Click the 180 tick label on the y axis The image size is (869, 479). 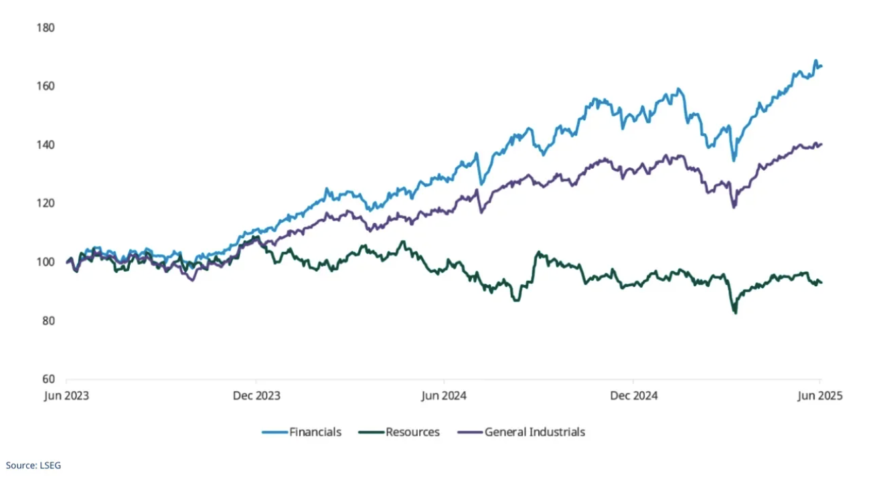click(46, 27)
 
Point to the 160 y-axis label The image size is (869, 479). click(46, 86)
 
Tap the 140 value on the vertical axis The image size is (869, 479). click(46, 145)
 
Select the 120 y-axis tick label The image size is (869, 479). click(46, 203)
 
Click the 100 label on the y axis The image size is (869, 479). click(46, 262)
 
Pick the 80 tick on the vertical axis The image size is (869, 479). click(47, 320)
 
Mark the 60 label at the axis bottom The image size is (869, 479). click(47, 379)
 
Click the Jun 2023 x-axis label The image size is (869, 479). click(67, 395)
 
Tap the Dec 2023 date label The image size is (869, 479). click(256, 395)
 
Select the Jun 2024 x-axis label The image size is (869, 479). click(444, 395)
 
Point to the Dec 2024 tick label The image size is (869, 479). click(633, 395)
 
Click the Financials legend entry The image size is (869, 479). click(315, 432)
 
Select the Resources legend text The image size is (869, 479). click(412, 432)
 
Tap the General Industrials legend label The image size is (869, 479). click(535, 432)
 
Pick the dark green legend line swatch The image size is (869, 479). click(371, 432)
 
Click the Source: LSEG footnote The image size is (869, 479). click(33, 465)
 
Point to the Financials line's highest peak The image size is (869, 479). click(815, 61)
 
